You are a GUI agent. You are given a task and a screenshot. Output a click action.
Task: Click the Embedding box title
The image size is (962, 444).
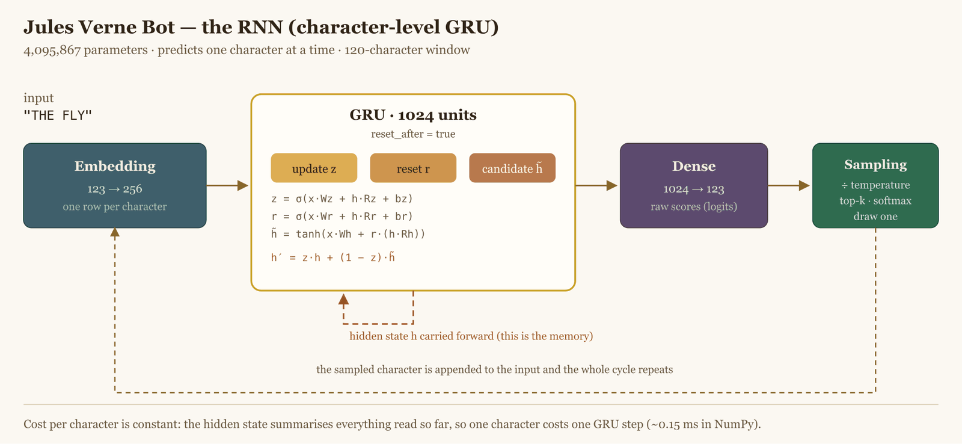(x=115, y=166)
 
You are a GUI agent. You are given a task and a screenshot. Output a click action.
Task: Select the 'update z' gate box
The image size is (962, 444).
(x=314, y=168)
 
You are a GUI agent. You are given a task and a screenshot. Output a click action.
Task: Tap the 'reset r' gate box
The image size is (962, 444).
(x=413, y=168)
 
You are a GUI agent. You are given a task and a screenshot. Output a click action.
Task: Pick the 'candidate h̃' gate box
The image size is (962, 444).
(x=512, y=168)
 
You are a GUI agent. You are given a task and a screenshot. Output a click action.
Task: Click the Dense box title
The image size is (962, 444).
(x=694, y=166)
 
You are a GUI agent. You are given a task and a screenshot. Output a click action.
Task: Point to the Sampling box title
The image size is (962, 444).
(x=875, y=164)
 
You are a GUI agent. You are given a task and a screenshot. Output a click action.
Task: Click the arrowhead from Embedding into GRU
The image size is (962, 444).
(x=243, y=186)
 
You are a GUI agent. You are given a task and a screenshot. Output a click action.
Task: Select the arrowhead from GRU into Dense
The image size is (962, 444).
(x=612, y=186)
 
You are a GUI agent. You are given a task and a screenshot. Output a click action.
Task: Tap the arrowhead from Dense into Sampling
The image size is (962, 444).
(x=804, y=186)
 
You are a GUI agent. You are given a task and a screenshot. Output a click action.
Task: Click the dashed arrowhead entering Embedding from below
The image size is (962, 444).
(x=115, y=233)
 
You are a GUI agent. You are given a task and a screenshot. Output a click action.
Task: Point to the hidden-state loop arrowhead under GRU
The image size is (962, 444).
(x=343, y=300)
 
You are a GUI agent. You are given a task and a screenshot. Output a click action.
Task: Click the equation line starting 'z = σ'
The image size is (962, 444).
(x=342, y=199)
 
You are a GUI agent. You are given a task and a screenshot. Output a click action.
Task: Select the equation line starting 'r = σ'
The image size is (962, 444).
(x=342, y=216)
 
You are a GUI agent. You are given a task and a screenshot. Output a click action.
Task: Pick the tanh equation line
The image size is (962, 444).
(x=348, y=234)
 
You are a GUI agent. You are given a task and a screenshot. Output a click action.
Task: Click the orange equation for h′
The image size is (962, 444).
(x=333, y=257)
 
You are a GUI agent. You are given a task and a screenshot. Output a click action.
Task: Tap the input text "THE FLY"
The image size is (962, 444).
(x=58, y=115)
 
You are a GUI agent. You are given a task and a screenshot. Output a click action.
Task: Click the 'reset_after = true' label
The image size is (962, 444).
(x=413, y=134)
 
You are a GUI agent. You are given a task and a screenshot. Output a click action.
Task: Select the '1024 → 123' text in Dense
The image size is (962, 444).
(x=694, y=189)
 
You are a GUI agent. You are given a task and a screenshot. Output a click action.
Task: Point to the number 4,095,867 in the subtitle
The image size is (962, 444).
(x=52, y=51)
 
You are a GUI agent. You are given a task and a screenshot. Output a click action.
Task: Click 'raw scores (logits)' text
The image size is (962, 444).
(x=694, y=207)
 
